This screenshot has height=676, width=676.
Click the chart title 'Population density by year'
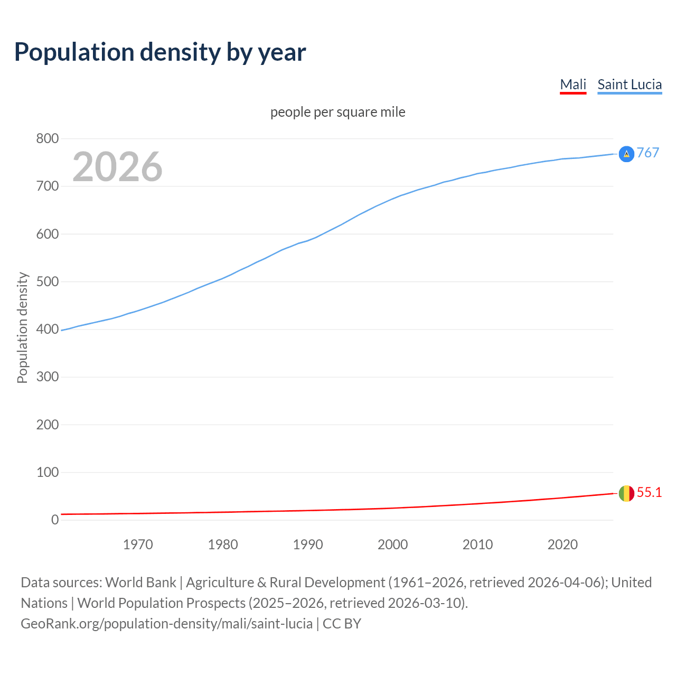[160, 52]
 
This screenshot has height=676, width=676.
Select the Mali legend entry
[573, 85]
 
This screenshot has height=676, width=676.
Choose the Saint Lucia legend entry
[630, 85]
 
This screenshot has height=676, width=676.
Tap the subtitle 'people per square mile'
[338, 112]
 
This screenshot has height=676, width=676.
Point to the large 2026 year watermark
[117, 167]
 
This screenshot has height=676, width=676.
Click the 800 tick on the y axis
[47, 139]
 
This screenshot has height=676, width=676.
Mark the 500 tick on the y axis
[47, 282]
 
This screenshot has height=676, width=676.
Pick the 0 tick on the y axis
[55, 520]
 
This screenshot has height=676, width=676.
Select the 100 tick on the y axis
[47, 473]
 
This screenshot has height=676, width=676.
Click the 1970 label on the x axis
[138, 544]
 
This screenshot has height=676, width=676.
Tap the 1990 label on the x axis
[308, 544]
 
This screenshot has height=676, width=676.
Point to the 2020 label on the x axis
[562, 544]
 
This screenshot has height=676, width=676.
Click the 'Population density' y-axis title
[22, 327]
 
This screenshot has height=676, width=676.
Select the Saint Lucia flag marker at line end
[626, 154]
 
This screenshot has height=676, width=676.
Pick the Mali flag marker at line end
[626, 493]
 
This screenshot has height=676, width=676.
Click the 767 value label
[648, 153]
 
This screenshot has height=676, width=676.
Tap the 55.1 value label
[649, 493]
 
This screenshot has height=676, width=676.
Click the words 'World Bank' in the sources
[140, 583]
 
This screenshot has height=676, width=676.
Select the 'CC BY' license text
[342, 624]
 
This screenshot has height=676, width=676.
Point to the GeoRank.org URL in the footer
[166, 624]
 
